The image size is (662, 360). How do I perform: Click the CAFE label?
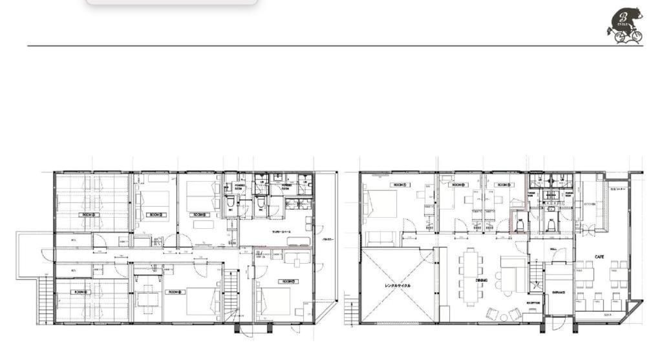click(x=599, y=257)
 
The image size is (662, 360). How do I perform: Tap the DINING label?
click(x=481, y=281)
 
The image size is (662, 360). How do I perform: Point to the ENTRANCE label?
click(x=559, y=292)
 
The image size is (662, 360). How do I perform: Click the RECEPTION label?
click(x=533, y=302)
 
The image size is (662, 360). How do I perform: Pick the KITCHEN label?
click(x=590, y=203)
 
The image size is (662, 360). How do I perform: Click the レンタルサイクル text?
click(x=398, y=285)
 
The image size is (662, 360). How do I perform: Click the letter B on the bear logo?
click(x=623, y=18)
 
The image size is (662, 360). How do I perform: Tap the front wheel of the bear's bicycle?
click(x=636, y=36)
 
